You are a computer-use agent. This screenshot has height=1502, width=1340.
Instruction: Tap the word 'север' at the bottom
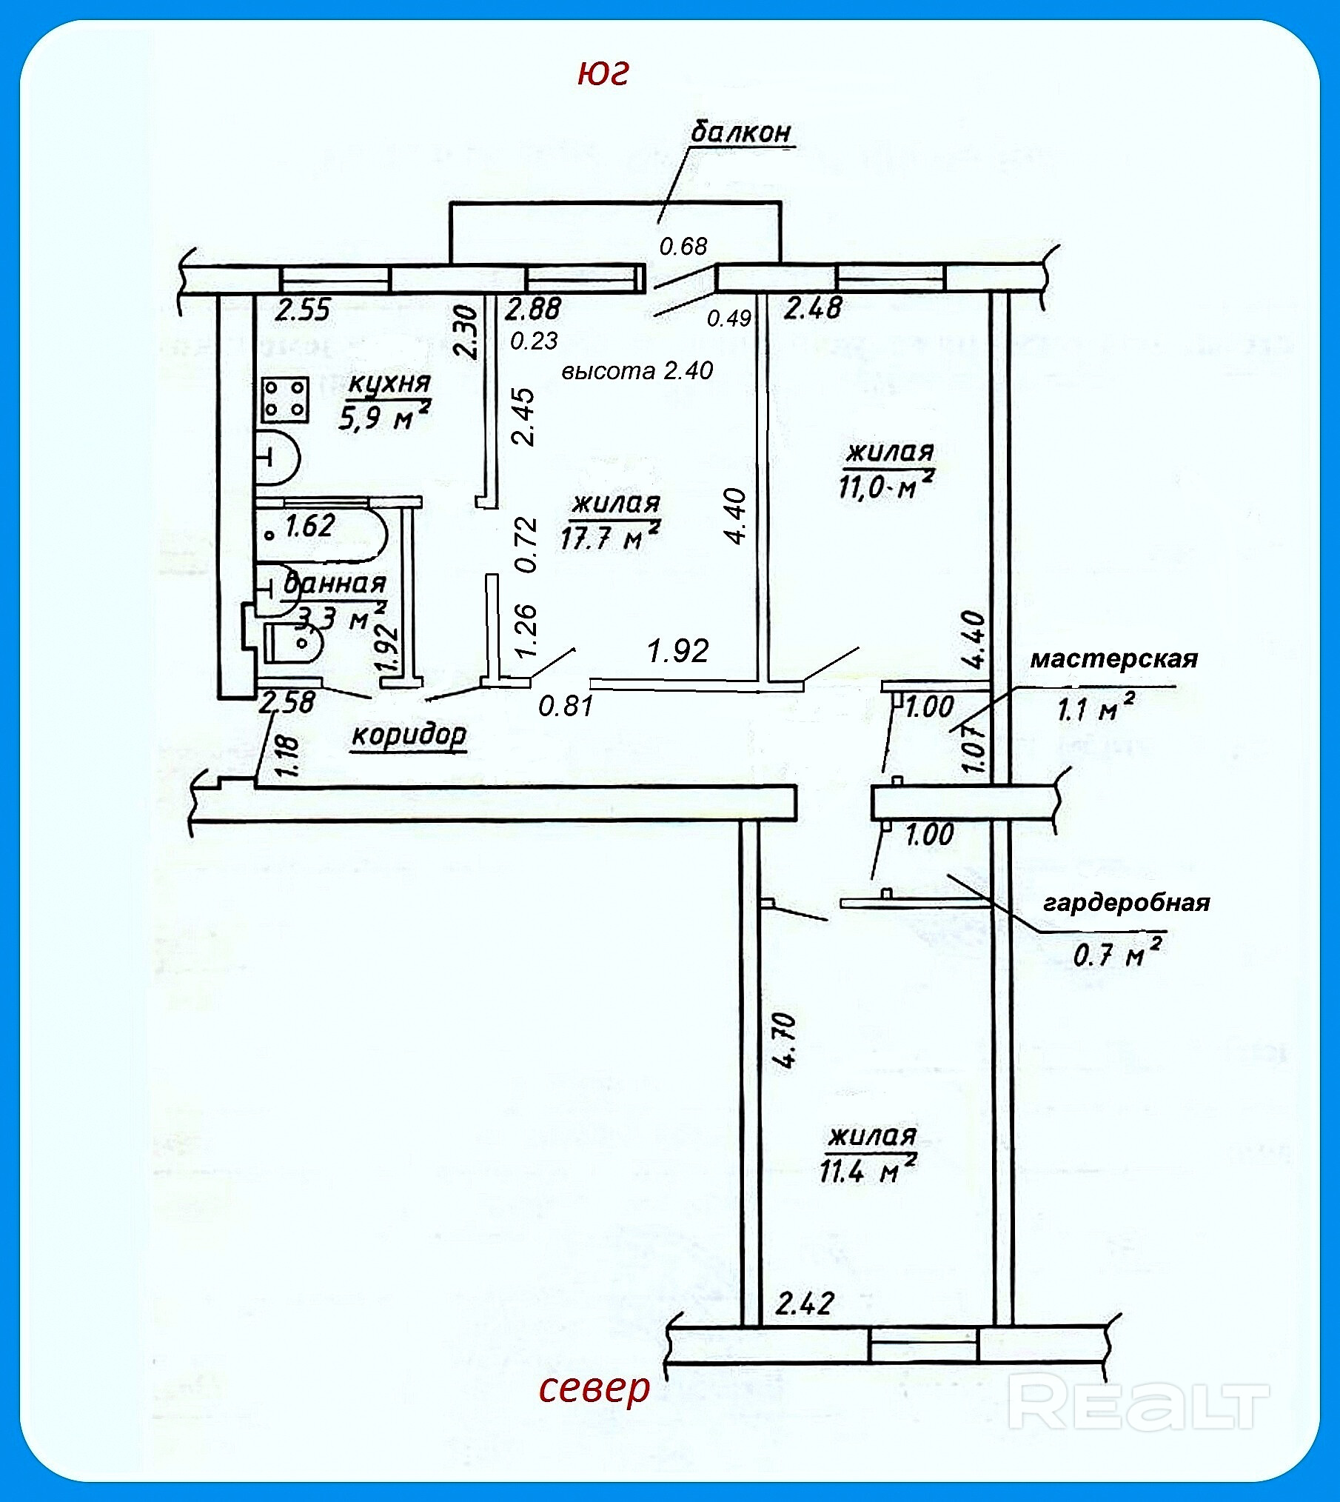(x=594, y=1389)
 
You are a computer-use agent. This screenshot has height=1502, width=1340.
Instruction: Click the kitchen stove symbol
(x=285, y=398)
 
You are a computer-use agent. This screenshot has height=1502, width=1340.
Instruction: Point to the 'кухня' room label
(x=389, y=384)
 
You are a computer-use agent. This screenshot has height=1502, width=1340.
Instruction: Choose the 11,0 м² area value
(x=885, y=485)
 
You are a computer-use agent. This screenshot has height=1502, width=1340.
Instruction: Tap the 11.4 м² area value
(x=868, y=1170)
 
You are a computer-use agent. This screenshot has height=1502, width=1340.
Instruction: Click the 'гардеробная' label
(x=1126, y=903)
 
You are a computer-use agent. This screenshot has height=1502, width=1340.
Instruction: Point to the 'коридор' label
(x=409, y=735)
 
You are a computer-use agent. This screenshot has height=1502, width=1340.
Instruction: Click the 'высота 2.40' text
(x=637, y=370)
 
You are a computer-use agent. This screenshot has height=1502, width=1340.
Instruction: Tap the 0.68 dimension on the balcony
(x=683, y=246)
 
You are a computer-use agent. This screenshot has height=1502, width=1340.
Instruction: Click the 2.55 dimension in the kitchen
(x=302, y=310)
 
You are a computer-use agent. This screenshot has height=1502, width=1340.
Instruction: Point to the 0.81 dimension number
(x=566, y=706)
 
